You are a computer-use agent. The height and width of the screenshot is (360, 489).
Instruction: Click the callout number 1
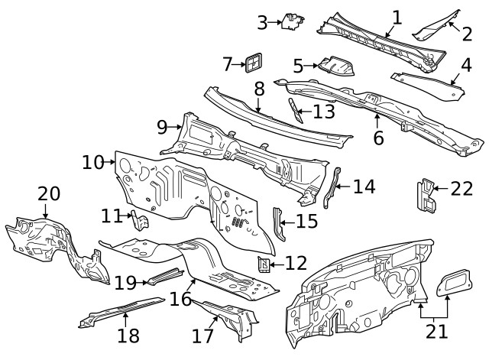(x=397, y=17)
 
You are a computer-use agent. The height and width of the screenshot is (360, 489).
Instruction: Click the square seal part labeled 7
(x=253, y=63)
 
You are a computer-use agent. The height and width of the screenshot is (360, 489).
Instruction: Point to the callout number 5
(x=298, y=66)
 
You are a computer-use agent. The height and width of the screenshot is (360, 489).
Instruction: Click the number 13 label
(x=324, y=112)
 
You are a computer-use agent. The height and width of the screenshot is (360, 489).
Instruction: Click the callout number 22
(x=461, y=188)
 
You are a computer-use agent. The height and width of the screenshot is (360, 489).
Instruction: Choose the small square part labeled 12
(x=264, y=265)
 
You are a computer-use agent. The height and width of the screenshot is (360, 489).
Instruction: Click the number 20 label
(x=49, y=194)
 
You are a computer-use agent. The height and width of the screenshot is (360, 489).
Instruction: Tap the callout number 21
(x=437, y=331)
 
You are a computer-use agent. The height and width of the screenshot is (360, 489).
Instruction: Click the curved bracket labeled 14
(x=331, y=188)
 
